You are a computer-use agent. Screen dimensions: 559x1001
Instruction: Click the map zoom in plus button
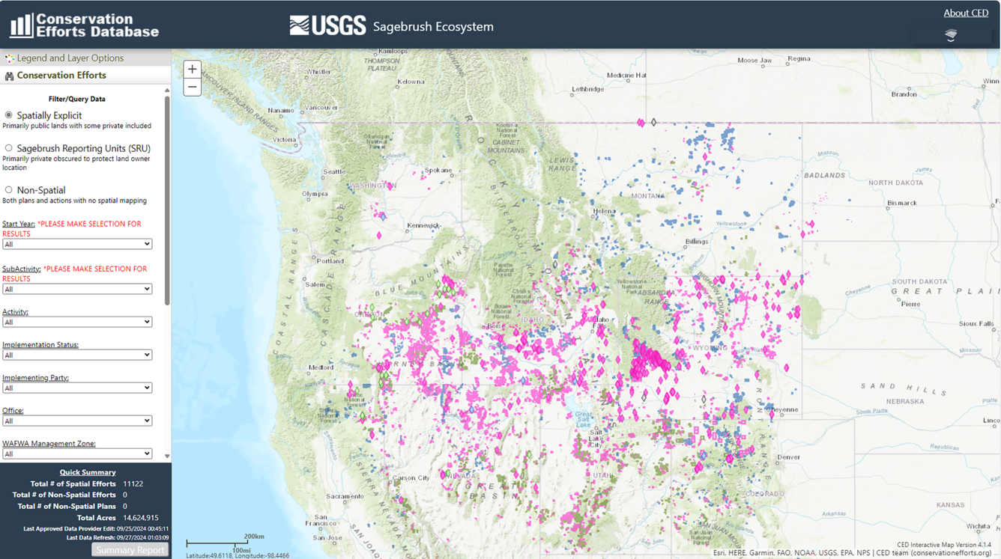(x=192, y=70)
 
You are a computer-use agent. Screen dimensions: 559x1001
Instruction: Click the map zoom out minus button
(x=192, y=88)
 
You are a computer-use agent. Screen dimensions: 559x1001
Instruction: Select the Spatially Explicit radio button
(x=9, y=115)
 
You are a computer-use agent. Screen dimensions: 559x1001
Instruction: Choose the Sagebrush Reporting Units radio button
(x=9, y=148)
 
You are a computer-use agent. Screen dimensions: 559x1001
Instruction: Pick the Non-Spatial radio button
(x=9, y=190)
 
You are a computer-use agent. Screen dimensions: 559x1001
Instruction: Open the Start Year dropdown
(x=77, y=244)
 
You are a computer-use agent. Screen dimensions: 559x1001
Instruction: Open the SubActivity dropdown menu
(x=77, y=289)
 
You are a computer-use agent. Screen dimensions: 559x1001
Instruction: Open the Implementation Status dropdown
(x=77, y=355)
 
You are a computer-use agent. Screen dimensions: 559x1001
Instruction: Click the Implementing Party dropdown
(x=77, y=388)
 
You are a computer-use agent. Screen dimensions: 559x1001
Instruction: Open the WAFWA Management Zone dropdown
(x=77, y=453)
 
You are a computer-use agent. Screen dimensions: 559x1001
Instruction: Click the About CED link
(x=965, y=13)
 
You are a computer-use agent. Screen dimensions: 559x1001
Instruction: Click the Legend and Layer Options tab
(x=70, y=58)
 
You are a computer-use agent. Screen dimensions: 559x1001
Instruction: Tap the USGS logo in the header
(x=327, y=25)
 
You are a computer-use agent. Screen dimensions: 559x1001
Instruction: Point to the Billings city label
(x=697, y=242)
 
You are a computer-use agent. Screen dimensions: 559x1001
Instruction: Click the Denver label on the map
(x=788, y=456)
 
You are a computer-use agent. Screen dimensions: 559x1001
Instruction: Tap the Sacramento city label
(x=345, y=496)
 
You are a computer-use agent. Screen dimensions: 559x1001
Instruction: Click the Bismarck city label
(x=901, y=203)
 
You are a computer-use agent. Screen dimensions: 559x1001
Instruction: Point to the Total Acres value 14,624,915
(x=140, y=518)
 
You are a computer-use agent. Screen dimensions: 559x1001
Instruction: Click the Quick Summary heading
(x=88, y=472)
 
